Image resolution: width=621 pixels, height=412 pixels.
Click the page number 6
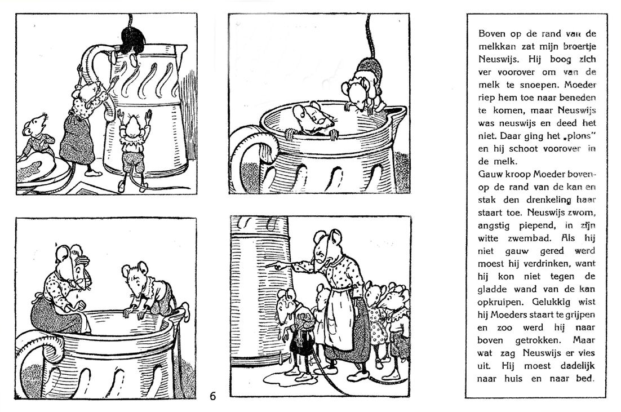point(213,396)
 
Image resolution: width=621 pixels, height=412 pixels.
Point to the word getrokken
point(537,340)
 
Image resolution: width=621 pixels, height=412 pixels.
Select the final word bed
point(585,378)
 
